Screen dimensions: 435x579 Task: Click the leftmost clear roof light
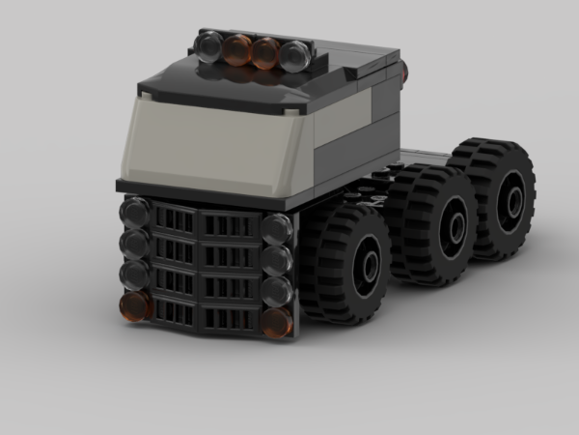(209, 44)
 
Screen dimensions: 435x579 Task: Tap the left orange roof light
(237, 48)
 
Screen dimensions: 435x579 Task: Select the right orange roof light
(265, 52)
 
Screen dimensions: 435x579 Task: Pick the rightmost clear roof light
(294, 55)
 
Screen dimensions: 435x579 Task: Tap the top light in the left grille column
(134, 212)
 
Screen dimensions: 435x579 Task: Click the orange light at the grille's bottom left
(135, 305)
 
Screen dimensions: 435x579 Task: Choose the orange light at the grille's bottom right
(277, 322)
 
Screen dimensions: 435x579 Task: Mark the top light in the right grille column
(276, 229)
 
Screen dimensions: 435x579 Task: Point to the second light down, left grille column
(134, 242)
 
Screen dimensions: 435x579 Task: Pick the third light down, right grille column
(277, 290)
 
